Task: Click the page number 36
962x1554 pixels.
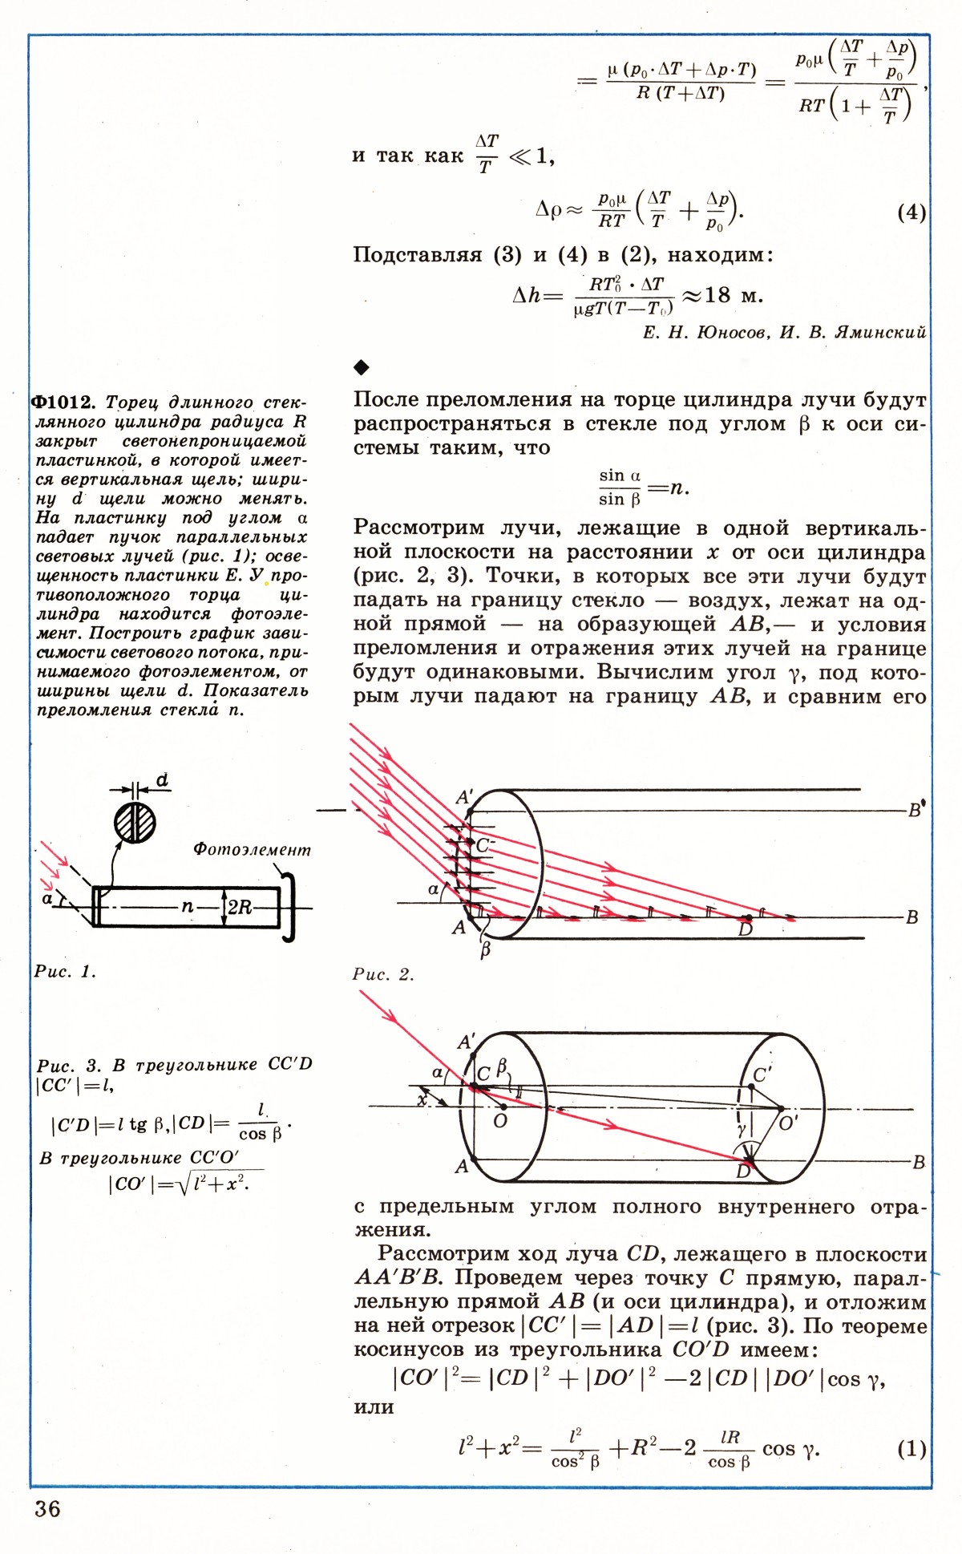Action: pyautogui.click(x=47, y=1508)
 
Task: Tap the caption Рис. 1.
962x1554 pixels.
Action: pyautogui.click(x=64, y=972)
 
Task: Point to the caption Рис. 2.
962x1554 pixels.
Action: pyautogui.click(x=383, y=974)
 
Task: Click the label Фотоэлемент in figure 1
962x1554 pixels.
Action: pyautogui.click(x=252, y=849)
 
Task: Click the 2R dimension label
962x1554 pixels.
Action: pyautogui.click(x=240, y=907)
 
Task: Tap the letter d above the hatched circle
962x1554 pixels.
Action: pyautogui.click(x=162, y=779)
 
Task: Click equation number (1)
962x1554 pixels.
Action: pyautogui.click(x=911, y=1448)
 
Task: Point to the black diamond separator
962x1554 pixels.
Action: pyautogui.click(x=362, y=367)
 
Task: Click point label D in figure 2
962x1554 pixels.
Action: pyautogui.click(x=746, y=929)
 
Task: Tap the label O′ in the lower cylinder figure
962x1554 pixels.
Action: pyautogui.click(x=789, y=1123)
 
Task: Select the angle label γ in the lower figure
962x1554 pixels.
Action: pyautogui.click(x=742, y=1129)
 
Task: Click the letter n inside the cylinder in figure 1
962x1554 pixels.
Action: pyautogui.click(x=187, y=906)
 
